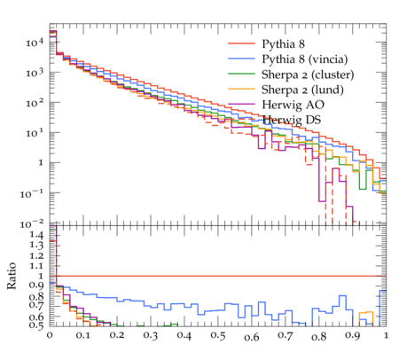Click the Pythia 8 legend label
click(283, 44)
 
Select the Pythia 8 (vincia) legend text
click(305, 59)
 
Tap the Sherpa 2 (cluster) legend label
click(308, 74)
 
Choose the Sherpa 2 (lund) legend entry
click(302, 90)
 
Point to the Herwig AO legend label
click(293, 105)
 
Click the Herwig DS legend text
click(292, 120)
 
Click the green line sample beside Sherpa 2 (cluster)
click(241, 74)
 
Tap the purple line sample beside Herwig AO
click(241, 104)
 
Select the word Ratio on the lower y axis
click(12, 276)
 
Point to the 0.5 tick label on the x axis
click(218, 336)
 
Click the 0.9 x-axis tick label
click(353, 336)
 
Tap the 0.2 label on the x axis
click(117, 336)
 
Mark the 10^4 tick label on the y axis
click(35, 43)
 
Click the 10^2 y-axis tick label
click(35, 103)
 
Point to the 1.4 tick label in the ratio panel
click(36, 236)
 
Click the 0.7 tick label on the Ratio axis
click(36, 305)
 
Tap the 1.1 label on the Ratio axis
click(36, 266)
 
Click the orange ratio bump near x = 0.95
click(366, 312)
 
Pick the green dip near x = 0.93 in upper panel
click(363, 189)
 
